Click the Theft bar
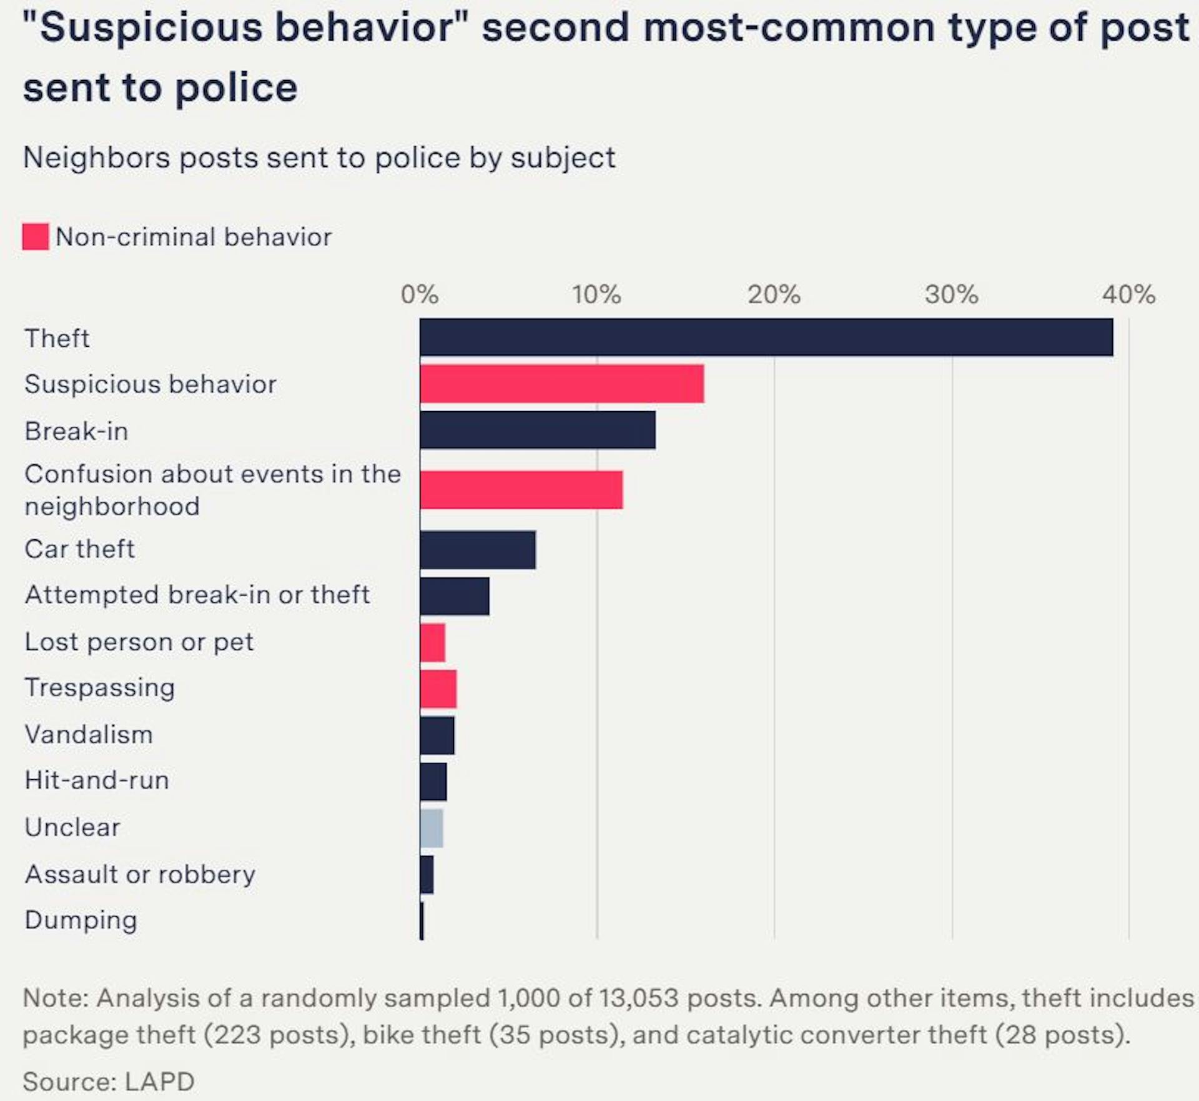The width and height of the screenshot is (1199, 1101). pos(766,337)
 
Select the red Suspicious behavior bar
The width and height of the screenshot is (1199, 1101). pos(561,384)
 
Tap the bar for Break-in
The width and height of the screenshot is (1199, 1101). pos(537,430)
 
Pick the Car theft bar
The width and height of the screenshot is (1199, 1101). pos(477,550)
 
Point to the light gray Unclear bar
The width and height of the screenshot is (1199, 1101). pos(432,828)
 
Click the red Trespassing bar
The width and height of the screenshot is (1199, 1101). pos(438,689)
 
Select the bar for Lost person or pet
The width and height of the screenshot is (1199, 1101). pos(432,642)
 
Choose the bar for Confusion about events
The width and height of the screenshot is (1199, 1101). pos(521,490)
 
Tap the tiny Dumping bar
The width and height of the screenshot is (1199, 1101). pos(422,920)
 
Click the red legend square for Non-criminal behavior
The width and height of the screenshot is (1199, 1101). pos(35,237)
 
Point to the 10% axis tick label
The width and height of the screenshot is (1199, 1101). pos(596,294)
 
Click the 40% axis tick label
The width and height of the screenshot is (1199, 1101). pos(1128,294)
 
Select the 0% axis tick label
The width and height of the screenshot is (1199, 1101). pos(419,294)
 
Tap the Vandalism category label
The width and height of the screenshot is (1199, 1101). pos(89,735)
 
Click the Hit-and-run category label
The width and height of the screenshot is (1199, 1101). pos(97,780)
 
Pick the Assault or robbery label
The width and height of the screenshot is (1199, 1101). pos(140,874)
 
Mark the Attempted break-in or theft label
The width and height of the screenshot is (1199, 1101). pos(197,595)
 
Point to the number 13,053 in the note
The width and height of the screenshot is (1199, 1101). pos(638,998)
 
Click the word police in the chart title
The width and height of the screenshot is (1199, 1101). pos(236,87)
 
